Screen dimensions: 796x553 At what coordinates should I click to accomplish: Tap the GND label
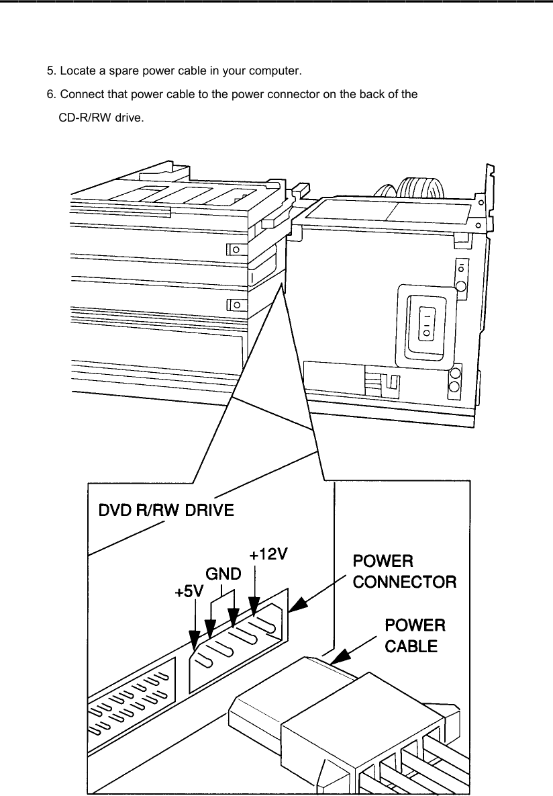click(x=223, y=574)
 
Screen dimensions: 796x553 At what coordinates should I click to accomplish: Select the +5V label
click(x=189, y=592)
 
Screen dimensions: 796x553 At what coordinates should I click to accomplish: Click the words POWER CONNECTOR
click(x=404, y=571)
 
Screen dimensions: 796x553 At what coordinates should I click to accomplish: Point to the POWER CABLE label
click(x=414, y=635)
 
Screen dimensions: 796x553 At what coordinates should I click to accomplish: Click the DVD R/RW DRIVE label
click(x=166, y=511)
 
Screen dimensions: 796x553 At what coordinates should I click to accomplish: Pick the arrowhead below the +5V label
click(x=195, y=642)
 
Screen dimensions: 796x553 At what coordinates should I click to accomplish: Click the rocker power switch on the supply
click(x=425, y=324)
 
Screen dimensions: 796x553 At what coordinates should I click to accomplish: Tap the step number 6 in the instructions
click(x=50, y=94)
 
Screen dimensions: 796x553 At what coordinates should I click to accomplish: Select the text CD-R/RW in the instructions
click(x=82, y=118)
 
